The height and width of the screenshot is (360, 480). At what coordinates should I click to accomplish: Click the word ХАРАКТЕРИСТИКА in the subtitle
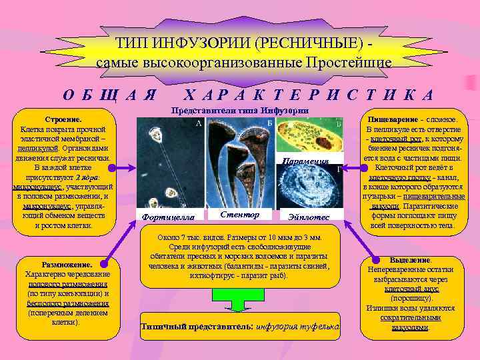tap(308, 94)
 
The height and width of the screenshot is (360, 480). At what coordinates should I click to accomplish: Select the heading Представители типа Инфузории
tap(240, 110)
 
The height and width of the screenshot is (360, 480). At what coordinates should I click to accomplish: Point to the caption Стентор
tap(239, 214)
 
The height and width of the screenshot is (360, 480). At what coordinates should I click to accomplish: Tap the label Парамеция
tap(306, 161)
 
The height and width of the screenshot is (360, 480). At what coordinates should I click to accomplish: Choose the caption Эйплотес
tap(307, 217)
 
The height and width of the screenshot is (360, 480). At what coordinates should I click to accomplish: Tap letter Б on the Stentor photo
tap(267, 123)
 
